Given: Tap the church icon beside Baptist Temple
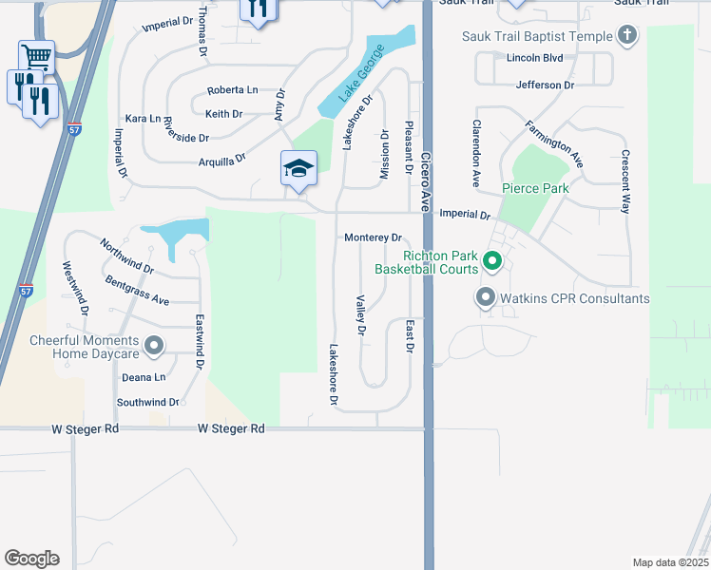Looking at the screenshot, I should pos(626,36).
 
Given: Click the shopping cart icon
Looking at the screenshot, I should pos(35,56).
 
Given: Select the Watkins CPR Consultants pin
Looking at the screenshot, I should pos(486,298).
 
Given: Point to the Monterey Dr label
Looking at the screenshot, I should pos(374,237).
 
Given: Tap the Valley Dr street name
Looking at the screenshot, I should pos(360,315).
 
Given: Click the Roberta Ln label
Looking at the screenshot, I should pos(233,90).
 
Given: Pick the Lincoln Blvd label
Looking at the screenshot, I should pos(535,58).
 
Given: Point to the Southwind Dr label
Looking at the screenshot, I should pos(147,403).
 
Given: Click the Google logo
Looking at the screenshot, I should pos(31,559).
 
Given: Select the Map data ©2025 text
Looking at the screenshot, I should pos(670,562).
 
